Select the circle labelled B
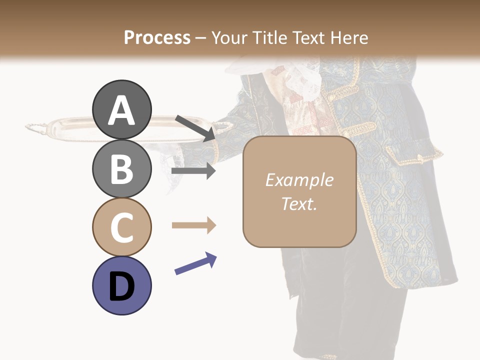tap(121, 168)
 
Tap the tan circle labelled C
tap(121, 227)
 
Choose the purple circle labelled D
tap(121, 285)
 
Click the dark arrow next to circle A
tap(195, 128)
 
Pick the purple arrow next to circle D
tap(195, 263)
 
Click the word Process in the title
tap(157, 37)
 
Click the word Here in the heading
tap(349, 37)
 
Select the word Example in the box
tap(299, 180)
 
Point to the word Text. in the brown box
tap(299, 203)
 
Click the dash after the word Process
tap(200, 38)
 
